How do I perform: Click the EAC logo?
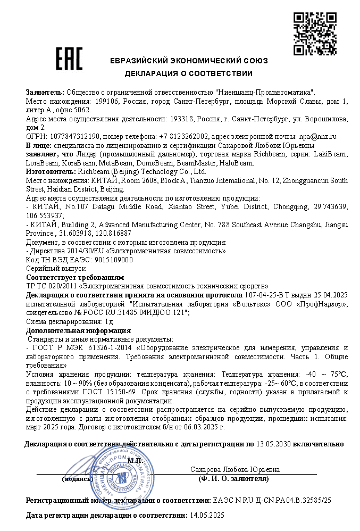(70, 59)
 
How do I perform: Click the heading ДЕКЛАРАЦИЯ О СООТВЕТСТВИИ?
(189, 73)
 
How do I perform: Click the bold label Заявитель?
(45, 93)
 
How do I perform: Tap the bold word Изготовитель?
(51, 172)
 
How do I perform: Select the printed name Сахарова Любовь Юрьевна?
(235, 470)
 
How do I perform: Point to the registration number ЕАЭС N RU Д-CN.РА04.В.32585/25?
(272, 501)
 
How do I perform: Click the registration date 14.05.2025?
(207, 515)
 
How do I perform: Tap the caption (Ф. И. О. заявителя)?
(233, 478)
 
